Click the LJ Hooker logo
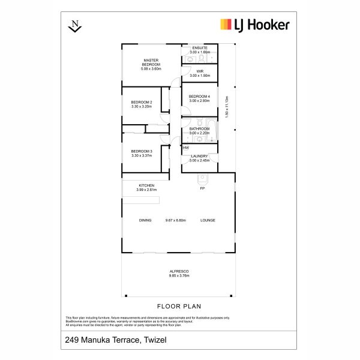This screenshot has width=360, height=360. pyautogui.click(x=255, y=25)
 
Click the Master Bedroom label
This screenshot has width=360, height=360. pyautogui.click(x=149, y=63)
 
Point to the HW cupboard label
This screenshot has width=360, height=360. pyautogui.click(x=185, y=148)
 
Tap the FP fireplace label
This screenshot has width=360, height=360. pyautogui.click(x=203, y=188)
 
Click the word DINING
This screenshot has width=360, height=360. pyautogui.click(x=145, y=220)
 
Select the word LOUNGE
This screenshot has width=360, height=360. pyautogui.click(x=208, y=220)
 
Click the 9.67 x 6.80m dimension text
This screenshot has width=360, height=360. pyautogui.click(x=176, y=220)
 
